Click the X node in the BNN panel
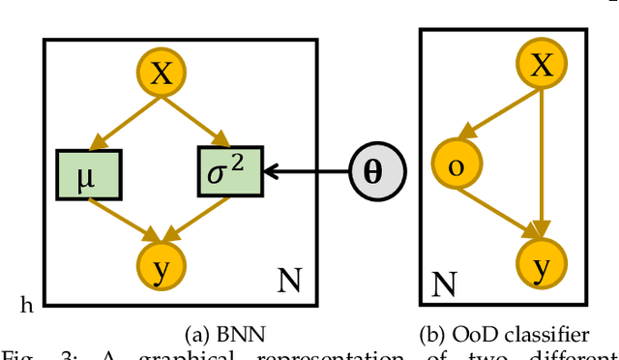162,75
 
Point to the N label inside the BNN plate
288,282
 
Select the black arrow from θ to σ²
307,172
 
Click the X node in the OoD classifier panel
543,66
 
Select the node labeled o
457,165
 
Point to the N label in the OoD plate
444,285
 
